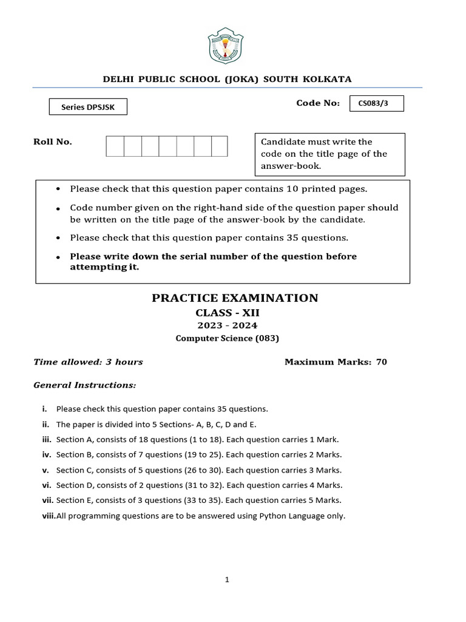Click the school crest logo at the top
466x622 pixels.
pos(226,45)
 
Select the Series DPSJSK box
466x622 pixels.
pos(88,107)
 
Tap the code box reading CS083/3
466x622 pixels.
pos(376,104)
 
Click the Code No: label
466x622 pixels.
pos(317,103)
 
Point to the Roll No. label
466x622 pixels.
pos(52,142)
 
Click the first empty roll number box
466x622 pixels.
pos(115,146)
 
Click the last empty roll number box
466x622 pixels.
pos(219,146)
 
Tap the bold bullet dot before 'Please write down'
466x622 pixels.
pos(58,258)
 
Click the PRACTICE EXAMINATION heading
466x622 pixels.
pos(234,298)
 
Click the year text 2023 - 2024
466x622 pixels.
pos(226,326)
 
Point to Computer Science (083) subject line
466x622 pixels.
pos(228,338)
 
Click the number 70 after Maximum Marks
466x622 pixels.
pos(381,362)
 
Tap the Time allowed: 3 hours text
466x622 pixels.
pos(88,362)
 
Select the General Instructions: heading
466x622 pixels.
pos(84,385)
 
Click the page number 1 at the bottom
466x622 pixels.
pos(227,580)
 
